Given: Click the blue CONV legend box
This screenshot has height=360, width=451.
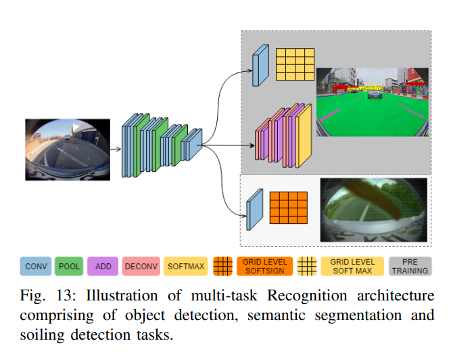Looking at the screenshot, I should [x=37, y=266].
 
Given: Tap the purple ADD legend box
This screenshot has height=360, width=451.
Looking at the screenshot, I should [x=103, y=266].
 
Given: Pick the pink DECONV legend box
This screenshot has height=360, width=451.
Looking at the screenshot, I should [x=141, y=266].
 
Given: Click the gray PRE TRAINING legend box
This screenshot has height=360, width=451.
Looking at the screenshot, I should [x=410, y=266].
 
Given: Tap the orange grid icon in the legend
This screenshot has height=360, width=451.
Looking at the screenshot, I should [x=222, y=266].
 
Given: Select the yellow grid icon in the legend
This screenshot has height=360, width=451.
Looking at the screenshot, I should [x=308, y=266].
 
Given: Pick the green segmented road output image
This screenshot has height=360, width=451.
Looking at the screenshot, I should [x=373, y=102].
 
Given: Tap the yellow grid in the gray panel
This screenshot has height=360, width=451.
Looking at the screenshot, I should [x=294, y=65].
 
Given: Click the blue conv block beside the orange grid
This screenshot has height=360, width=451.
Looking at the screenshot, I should [x=255, y=208].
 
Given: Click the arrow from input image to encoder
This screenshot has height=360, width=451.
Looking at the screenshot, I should [x=114, y=148].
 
